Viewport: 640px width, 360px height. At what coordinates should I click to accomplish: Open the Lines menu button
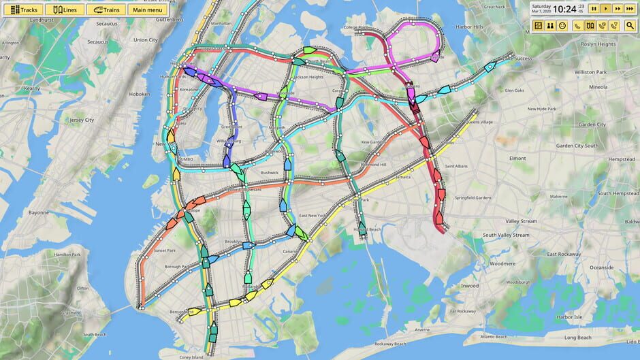65,10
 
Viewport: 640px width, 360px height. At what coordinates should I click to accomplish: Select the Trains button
106,10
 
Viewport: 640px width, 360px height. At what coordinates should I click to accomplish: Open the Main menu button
147,10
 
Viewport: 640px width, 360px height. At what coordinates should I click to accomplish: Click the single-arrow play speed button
605,9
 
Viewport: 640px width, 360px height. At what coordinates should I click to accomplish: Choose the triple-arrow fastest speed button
630,9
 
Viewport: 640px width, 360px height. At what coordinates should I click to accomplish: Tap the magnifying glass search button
630,26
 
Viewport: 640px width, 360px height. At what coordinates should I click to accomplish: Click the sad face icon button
562,26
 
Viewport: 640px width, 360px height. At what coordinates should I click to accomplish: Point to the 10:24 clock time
564,9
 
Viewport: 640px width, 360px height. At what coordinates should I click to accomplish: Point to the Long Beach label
578,338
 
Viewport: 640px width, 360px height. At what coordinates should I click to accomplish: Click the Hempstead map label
617,159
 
